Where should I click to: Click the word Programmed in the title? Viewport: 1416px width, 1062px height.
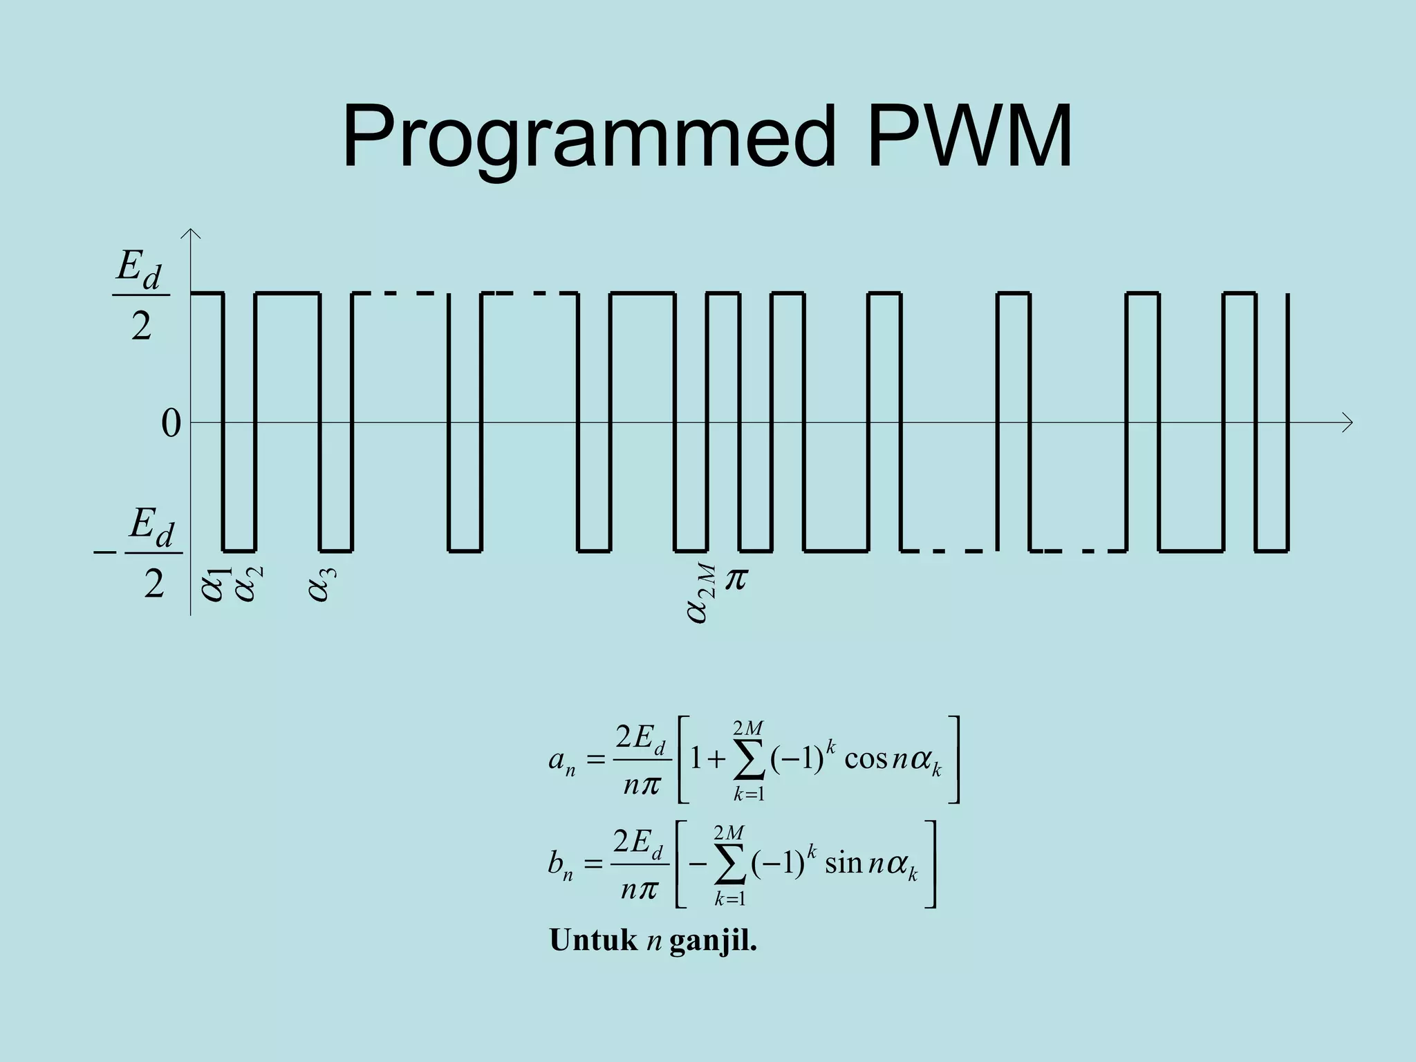(x=588, y=138)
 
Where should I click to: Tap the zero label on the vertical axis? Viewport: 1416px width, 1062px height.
(x=170, y=423)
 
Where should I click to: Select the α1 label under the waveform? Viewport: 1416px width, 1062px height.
(x=215, y=584)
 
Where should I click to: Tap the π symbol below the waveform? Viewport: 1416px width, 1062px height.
(x=736, y=579)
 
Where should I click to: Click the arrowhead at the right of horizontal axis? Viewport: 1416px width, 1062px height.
(x=1347, y=422)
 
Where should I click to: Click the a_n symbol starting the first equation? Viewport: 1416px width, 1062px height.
(x=561, y=761)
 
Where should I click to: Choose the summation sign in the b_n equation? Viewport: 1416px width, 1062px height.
(x=731, y=866)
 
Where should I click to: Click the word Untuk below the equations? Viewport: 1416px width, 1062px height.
(x=593, y=940)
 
